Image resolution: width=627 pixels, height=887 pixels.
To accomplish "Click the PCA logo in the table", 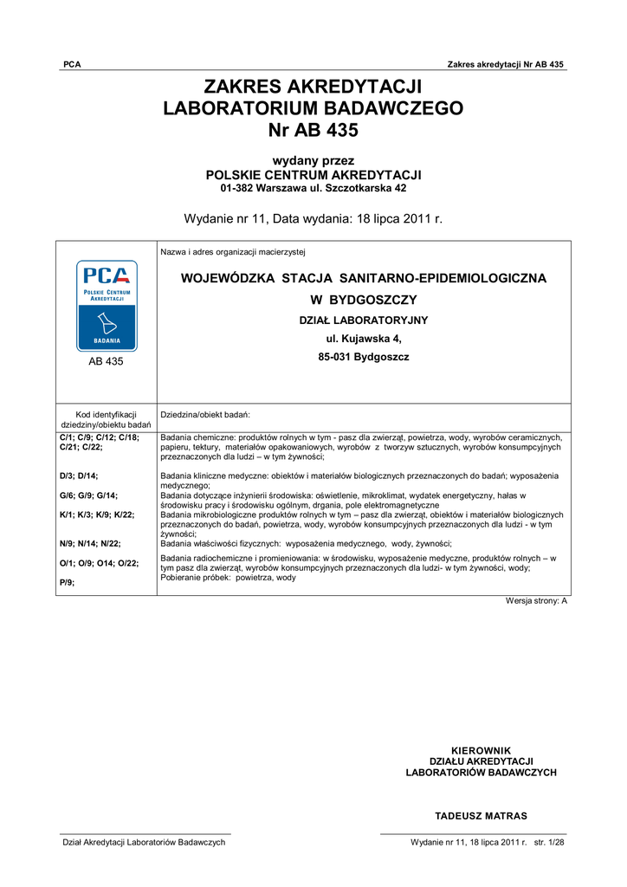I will [x=106, y=305].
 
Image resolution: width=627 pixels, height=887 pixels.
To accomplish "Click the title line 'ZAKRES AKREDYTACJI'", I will [x=313, y=87].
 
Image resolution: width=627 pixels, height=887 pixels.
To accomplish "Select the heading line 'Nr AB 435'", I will [x=313, y=130].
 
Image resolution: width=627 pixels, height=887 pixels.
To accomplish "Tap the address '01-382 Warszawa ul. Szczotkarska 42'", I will [x=313, y=188].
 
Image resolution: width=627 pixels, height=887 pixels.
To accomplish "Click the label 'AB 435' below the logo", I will [x=106, y=362].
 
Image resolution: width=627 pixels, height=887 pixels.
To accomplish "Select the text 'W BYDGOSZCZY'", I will [x=364, y=301].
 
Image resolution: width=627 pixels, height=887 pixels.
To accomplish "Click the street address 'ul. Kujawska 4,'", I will [x=364, y=339].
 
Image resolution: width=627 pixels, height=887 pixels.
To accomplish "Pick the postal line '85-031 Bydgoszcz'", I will [x=364, y=357].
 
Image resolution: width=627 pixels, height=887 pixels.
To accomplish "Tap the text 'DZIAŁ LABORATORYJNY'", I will [x=364, y=320].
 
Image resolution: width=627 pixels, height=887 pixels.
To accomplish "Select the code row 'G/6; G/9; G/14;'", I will [x=88, y=495].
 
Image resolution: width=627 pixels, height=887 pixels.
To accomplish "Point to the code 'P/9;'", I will [x=67, y=583].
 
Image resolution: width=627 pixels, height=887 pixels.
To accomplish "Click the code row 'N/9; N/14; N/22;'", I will [x=90, y=544].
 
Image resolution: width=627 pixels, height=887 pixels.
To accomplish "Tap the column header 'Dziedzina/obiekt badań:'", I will [x=205, y=415].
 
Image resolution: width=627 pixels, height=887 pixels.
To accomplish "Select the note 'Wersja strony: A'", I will [x=536, y=600].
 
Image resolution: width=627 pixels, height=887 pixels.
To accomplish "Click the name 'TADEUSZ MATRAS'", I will [x=481, y=816].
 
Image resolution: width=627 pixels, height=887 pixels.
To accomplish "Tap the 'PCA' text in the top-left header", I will [x=72, y=65].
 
